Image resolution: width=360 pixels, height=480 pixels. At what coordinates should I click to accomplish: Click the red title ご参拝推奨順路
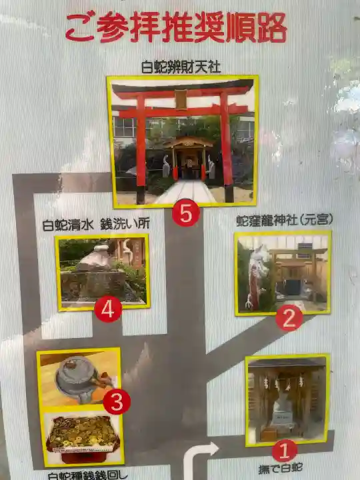(x=176, y=28)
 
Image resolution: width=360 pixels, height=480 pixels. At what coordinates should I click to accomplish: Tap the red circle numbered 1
(x=284, y=451)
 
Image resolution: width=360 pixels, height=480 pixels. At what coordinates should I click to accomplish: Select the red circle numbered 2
(x=289, y=318)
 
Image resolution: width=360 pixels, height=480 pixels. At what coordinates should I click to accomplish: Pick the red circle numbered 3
(x=116, y=402)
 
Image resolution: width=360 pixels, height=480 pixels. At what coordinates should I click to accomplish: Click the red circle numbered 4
(x=108, y=309)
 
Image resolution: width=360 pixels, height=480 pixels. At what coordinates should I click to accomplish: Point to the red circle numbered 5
(x=185, y=213)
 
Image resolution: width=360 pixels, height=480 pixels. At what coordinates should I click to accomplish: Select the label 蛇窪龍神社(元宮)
(x=285, y=220)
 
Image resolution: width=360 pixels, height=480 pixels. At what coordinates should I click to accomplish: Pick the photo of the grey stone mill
(x=79, y=377)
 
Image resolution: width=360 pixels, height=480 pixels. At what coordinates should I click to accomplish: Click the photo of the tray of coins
(x=81, y=436)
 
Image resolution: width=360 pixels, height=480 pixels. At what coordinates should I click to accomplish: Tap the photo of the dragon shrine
(x=283, y=273)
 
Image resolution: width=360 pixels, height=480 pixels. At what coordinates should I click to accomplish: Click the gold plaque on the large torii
(x=180, y=99)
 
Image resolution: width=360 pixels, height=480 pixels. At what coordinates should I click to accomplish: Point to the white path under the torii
(x=181, y=192)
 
